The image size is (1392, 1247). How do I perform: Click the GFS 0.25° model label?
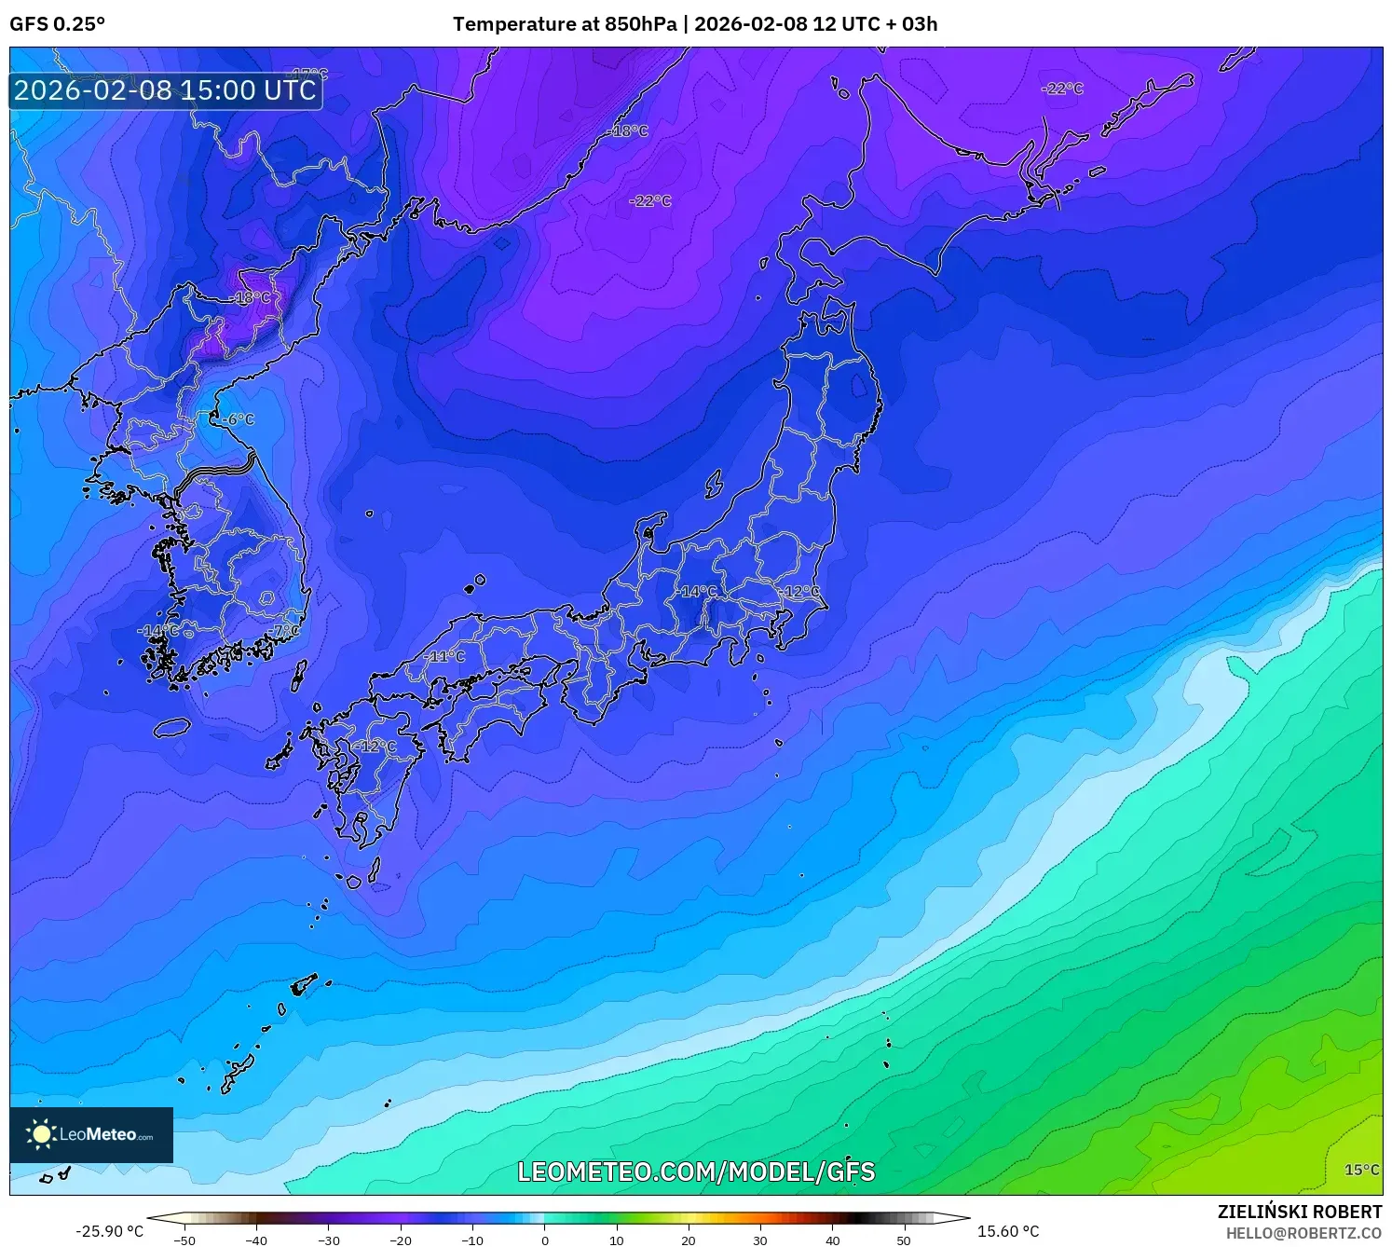[x=57, y=24]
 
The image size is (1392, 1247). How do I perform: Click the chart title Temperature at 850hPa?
[x=565, y=24]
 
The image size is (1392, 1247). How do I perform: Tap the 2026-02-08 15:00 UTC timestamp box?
[x=166, y=90]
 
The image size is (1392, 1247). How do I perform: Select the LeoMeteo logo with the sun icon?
[x=91, y=1134]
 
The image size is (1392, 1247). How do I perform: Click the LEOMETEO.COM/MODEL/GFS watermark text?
[x=696, y=1172]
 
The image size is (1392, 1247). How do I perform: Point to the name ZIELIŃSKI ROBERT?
[x=1300, y=1212]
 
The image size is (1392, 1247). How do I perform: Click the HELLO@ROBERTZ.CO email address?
[x=1303, y=1233]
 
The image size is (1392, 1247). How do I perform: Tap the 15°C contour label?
[x=1361, y=1170]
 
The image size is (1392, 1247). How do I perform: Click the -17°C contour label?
[x=310, y=74]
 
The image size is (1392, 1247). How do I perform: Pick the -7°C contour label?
[x=285, y=631]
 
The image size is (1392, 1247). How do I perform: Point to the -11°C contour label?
[x=445, y=656]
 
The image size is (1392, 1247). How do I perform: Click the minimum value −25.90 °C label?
[x=110, y=1231]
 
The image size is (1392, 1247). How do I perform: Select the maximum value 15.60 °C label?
[x=1007, y=1231]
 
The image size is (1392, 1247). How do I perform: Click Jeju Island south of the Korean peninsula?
[x=172, y=727]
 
